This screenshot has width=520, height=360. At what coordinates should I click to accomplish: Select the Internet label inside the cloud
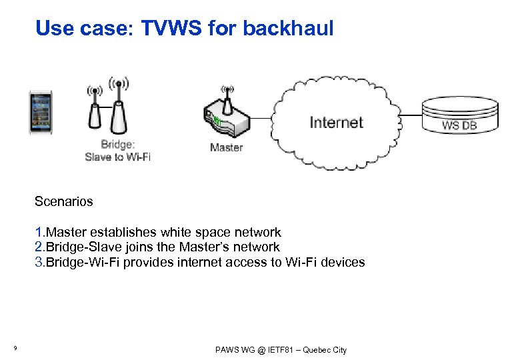coord(336,123)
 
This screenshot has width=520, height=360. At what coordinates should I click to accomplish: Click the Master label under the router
coord(226,147)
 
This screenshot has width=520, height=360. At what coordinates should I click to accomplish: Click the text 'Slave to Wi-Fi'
coord(117,157)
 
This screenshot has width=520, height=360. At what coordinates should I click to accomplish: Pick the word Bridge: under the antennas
coord(117,145)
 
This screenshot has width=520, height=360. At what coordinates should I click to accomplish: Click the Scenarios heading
coord(64,201)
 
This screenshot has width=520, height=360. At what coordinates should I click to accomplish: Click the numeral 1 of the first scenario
coord(39,233)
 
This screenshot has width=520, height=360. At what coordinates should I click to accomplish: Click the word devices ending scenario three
coord(343,262)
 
